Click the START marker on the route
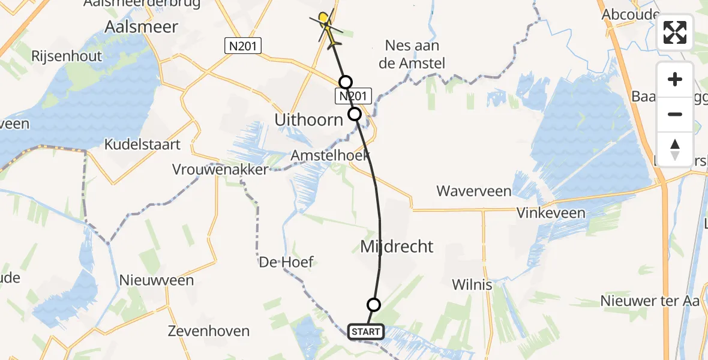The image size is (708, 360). click(x=365, y=331)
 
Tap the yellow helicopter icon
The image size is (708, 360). click(x=327, y=26)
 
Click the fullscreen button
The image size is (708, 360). click(x=675, y=32)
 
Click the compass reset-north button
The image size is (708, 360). click(x=675, y=149)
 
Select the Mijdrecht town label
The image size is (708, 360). click(x=397, y=246)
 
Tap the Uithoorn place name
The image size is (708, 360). click(x=308, y=120)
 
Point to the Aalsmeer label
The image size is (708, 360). click(x=141, y=27)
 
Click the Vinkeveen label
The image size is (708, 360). click(x=551, y=213)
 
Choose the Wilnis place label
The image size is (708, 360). click(x=472, y=284)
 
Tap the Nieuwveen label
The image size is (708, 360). click(x=156, y=280)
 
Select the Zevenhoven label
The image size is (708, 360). click(x=208, y=331)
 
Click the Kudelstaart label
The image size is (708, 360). click(x=143, y=145)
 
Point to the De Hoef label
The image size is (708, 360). click(x=286, y=262)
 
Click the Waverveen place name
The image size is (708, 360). click(x=473, y=191)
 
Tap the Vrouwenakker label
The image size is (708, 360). click(x=220, y=170)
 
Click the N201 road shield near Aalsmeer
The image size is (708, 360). click(x=242, y=46)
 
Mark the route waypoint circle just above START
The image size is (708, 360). click(x=373, y=305)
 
